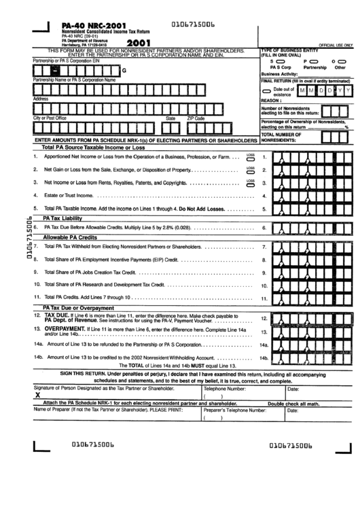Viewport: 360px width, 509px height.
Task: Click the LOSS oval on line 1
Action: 251,158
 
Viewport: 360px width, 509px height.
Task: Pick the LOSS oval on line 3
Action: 251,184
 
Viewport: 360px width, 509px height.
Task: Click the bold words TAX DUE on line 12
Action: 56,316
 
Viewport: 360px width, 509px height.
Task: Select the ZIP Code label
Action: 196,118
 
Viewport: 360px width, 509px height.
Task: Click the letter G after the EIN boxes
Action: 124,71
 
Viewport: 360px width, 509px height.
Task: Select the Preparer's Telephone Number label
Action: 234,410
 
